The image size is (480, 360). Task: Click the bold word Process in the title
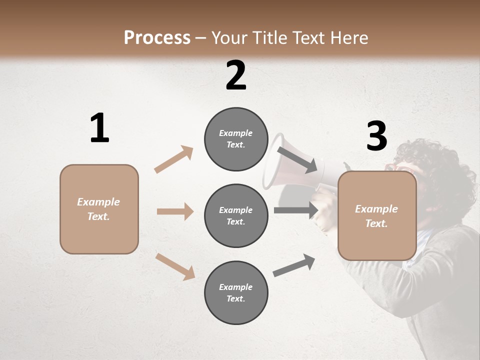157,38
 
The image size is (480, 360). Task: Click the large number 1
99,128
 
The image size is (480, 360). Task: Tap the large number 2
236,75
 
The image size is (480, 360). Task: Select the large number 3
376,136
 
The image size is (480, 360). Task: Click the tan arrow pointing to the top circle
174,159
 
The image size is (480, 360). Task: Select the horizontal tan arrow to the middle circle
175,211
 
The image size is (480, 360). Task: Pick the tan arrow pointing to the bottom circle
175,266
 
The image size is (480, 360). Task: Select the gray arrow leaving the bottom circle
294,265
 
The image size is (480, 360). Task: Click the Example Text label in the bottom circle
236,293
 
